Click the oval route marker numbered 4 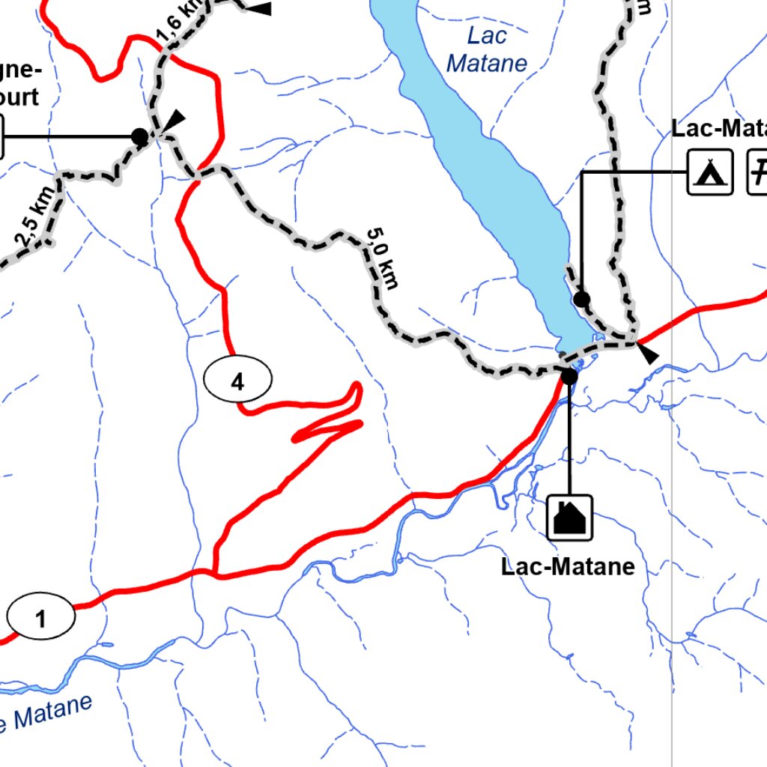pos(237,382)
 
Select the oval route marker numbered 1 pos(41,619)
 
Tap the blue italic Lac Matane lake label pos(487,49)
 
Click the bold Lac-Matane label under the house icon pos(568,566)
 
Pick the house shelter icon pos(569,517)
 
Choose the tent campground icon pos(710,172)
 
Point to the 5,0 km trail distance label pos(382,258)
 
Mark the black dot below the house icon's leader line pos(569,376)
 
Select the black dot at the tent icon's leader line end pos(582,300)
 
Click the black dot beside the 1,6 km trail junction pos(139,136)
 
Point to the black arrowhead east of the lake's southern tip pos(649,354)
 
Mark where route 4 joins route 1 pos(215,574)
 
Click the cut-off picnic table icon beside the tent pos(758,172)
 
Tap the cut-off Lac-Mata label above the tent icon pos(719,129)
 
